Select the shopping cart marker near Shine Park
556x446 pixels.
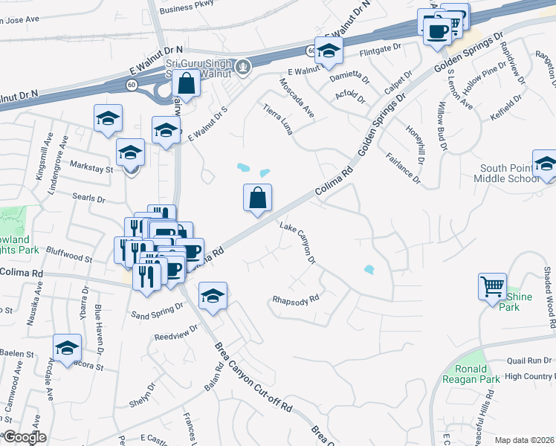493,286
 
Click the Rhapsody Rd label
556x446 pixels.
295,299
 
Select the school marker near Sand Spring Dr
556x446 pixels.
213,297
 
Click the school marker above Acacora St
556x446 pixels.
67,347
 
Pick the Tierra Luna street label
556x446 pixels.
278,119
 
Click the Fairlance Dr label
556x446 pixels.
404,168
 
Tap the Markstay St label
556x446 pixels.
91,169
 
